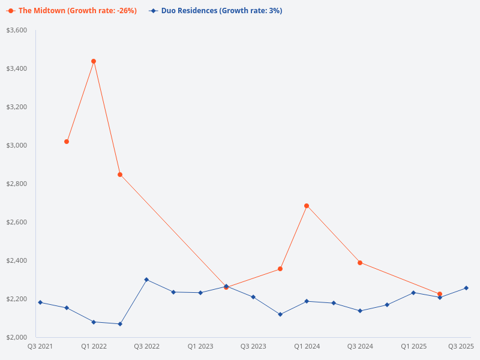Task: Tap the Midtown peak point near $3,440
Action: pos(94,61)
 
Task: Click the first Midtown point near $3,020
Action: pos(67,142)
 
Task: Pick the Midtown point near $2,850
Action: pos(120,175)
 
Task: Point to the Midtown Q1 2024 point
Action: pos(307,206)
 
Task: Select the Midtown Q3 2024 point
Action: pos(360,263)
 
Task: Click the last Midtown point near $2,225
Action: pos(440,294)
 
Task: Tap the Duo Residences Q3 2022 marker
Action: pos(146,280)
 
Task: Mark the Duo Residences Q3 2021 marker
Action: pos(40,302)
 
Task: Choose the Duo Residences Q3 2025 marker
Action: pos(466,288)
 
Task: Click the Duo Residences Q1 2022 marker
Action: pos(94,322)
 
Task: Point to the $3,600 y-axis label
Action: pos(16,31)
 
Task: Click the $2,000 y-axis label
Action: pos(16,337)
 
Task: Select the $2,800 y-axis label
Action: pos(16,184)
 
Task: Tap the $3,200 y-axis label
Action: pos(16,107)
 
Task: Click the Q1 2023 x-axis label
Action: pos(200,346)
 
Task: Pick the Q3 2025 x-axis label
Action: pos(461,346)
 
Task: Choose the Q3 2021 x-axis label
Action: pos(40,346)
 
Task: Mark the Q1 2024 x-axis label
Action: pos(307,346)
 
